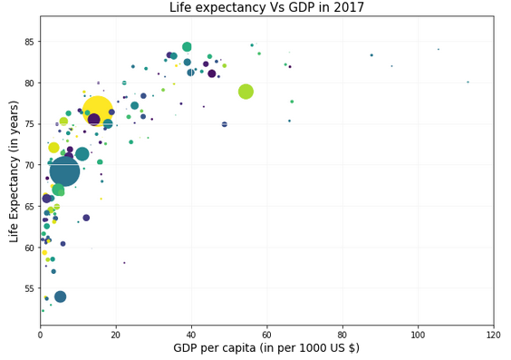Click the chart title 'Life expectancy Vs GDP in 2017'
[x=266, y=8]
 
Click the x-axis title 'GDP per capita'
[x=266, y=348]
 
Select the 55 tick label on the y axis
[x=30, y=288]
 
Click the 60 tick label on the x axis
[x=266, y=335]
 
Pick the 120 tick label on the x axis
[x=493, y=335]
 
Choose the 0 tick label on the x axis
[x=40, y=335]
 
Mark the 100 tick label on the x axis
[x=418, y=335]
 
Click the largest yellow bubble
[x=97, y=112]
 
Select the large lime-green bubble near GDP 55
[x=246, y=92]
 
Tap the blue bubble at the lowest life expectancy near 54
[x=60, y=297]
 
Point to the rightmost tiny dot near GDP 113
[x=468, y=82]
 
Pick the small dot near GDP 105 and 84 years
[x=438, y=50]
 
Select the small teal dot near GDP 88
[x=371, y=55]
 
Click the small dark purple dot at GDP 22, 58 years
[x=124, y=263]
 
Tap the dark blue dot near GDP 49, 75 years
[x=225, y=124]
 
